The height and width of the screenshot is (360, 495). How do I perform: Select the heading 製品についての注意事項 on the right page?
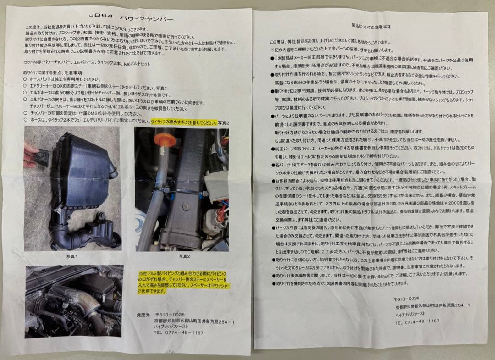pos(371,27)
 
